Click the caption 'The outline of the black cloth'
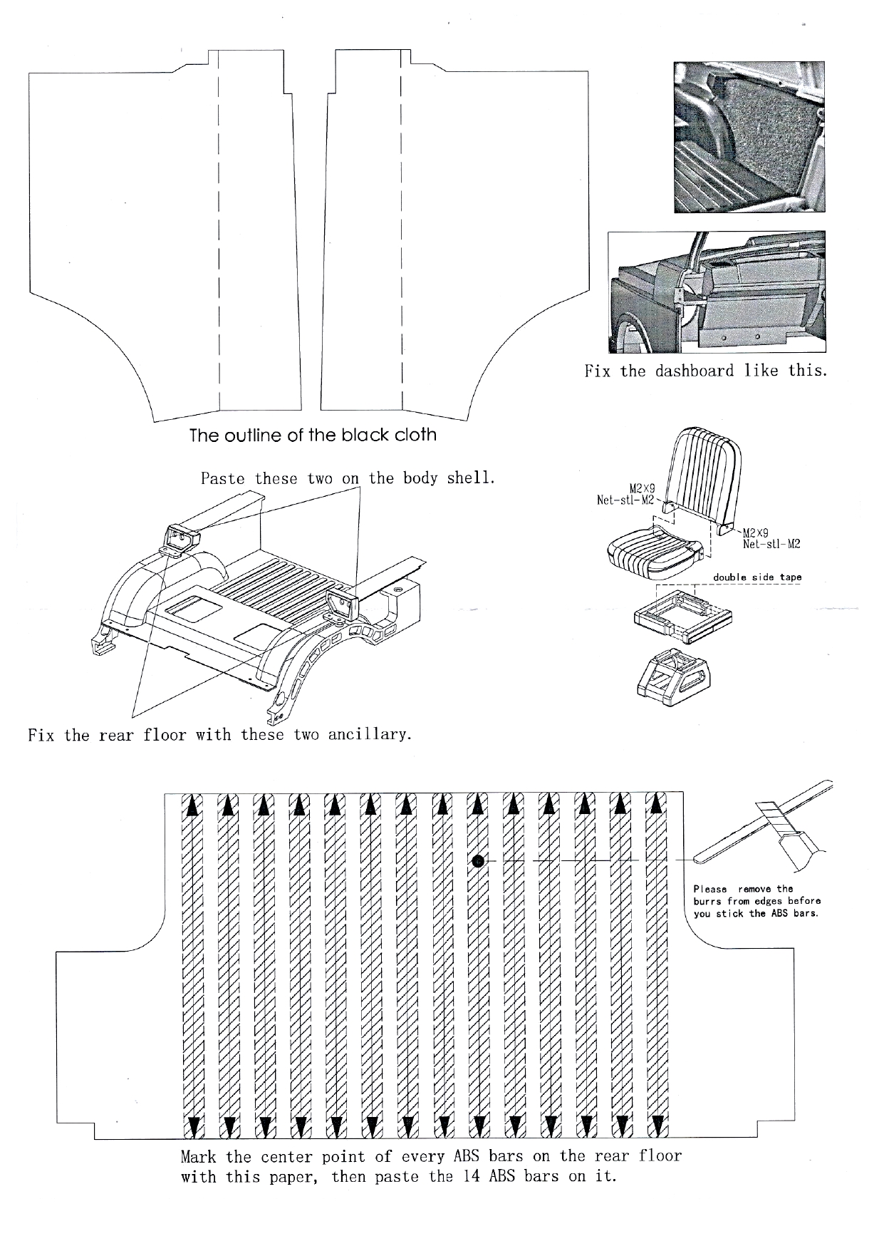click(313, 436)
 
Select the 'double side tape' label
click(757, 577)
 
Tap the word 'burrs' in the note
click(708, 901)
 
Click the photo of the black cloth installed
click(750, 137)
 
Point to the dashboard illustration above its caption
click(716, 292)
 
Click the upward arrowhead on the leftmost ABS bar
click(192, 805)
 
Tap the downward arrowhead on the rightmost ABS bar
click(657, 1126)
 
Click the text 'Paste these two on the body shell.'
click(348, 478)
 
